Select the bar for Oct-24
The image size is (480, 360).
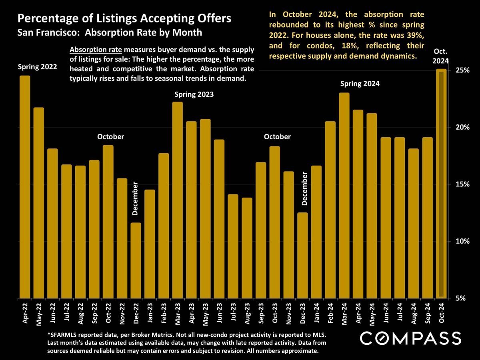coord(441,184)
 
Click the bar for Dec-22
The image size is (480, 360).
coord(136,260)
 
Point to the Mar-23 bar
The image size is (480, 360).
coord(178,200)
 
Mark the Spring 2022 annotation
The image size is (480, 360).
coord(37,67)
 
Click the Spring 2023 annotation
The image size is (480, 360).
coord(194,95)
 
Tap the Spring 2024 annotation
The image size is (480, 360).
coord(360,84)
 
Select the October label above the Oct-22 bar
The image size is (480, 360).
coord(111,137)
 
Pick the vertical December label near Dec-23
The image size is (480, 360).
coord(305,188)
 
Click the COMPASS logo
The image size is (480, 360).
coord(410,338)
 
